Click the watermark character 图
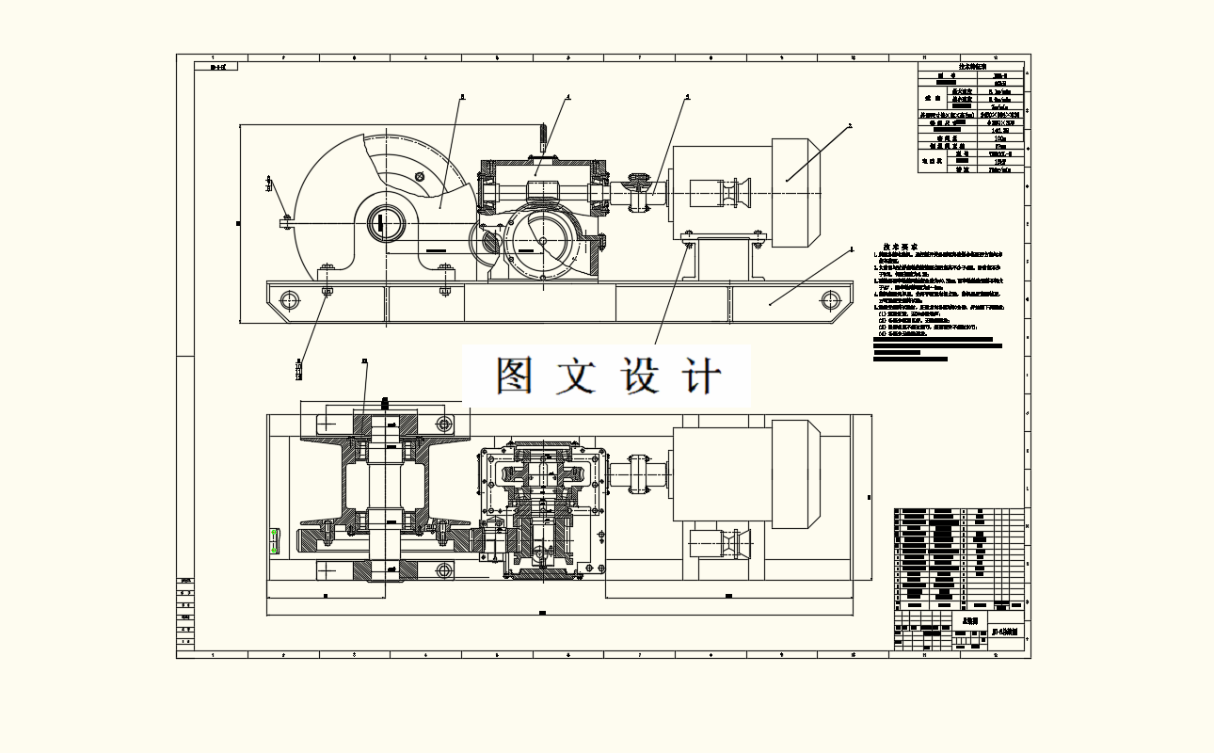[x=517, y=376]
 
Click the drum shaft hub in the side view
[x=385, y=224]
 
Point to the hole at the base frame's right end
[x=829, y=300]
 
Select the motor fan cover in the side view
[x=796, y=193]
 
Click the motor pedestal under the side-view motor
[x=723, y=259]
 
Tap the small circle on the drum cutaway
[x=420, y=176]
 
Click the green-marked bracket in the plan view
[x=275, y=541]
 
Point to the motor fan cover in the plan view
[x=796, y=471]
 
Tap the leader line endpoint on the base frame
[x=770, y=303]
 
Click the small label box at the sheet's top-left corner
[x=216, y=67]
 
